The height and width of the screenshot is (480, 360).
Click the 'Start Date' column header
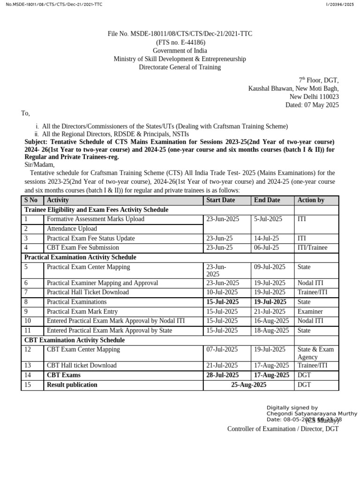click(x=221, y=200)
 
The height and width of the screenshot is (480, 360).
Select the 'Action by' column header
click(x=311, y=200)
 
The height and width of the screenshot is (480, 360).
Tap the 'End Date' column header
click(x=267, y=200)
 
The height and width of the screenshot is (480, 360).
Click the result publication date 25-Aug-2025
click(x=248, y=385)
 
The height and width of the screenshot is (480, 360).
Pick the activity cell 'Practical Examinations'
click(x=76, y=302)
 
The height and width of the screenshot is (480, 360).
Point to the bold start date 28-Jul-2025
click(x=223, y=375)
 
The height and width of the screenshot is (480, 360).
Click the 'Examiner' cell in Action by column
click(x=310, y=312)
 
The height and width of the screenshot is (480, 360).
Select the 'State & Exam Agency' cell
click(x=315, y=353)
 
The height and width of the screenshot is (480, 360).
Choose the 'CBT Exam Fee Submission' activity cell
click(x=83, y=247)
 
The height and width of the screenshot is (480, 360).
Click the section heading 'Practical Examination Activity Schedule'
click(x=80, y=257)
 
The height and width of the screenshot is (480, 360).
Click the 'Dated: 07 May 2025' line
click(x=312, y=105)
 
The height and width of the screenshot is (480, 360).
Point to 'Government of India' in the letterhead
click(x=180, y=51)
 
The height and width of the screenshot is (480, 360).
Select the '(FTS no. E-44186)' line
click(x=180, y=42)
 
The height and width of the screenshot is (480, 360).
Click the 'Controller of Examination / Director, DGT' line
click(x=283, y=429)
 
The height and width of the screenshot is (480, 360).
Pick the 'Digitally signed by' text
click(x=292, y=408)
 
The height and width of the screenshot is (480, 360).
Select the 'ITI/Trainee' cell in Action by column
click(x=312, y=247)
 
